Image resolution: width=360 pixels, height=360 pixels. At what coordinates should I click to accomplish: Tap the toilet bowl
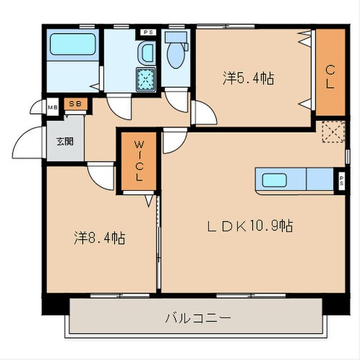(x=176, y=54)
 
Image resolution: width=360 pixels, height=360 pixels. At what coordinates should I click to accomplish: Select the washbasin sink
(x=146, y=54)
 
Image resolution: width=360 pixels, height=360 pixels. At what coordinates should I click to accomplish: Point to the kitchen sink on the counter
(x=274, y=179)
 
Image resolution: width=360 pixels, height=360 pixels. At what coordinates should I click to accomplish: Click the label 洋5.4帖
(x=248, y=78)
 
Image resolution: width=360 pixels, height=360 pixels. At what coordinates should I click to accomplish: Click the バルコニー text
(x=197, y=317)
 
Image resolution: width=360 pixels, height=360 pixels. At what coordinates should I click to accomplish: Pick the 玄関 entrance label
(x=65, y=142)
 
